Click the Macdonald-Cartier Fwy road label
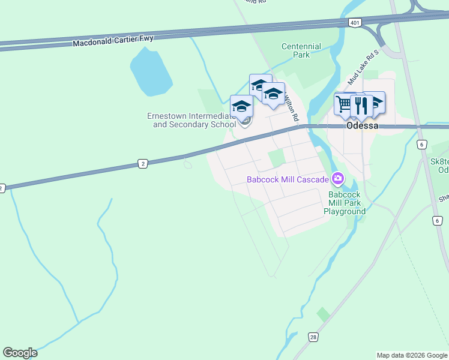pos(113,41)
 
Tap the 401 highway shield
pos(355,23)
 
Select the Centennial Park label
pos(301,50)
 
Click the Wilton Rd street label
pos(291,107)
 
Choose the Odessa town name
pos(363,126)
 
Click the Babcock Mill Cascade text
pos(288,179)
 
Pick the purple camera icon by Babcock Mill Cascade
pos(338,179)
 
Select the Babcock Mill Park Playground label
pos(345,203)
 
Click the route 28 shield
pos(313,338)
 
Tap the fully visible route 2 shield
pos(142,163)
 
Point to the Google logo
pos(20,353)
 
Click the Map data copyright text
pos(412,355)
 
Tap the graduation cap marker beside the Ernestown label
pos(241,106)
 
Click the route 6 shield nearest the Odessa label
pos(422,145)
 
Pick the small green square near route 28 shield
pos(323,314)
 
